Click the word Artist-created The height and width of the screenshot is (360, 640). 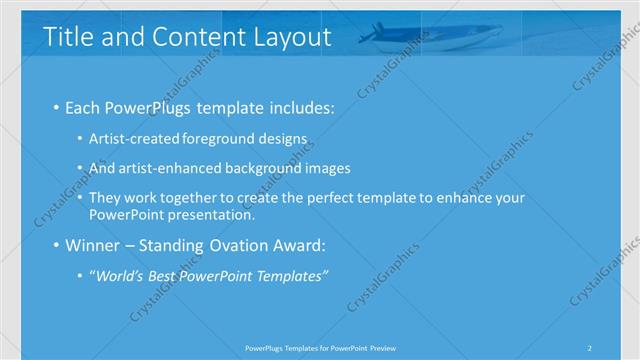(130, 139)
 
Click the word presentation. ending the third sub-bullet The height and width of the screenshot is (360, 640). (213, 214)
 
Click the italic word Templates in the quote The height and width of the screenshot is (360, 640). (291, 276)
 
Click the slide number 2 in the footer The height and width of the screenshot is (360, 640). (589, 348)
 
